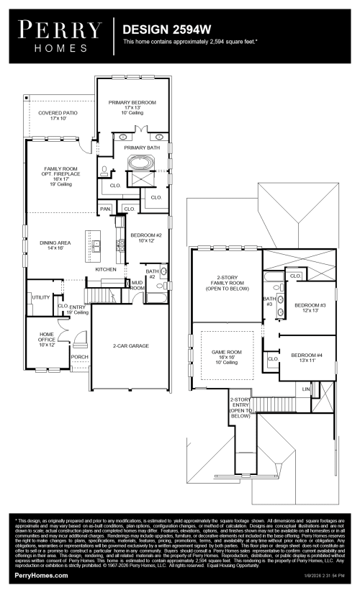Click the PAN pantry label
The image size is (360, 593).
click(105, 209)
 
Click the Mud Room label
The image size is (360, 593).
click(137, 286)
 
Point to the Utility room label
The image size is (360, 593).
click(40, 296)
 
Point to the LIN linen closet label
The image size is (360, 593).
click(306, 389)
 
